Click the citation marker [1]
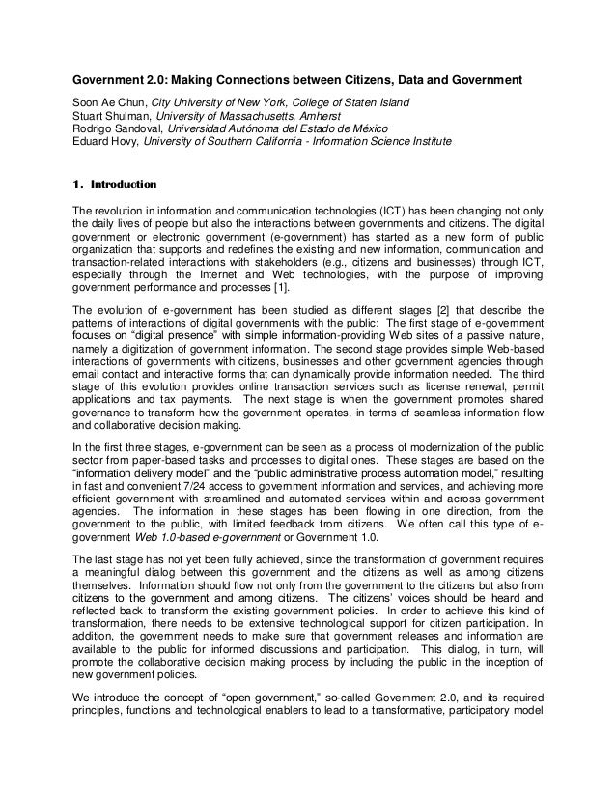click(291, 289)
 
